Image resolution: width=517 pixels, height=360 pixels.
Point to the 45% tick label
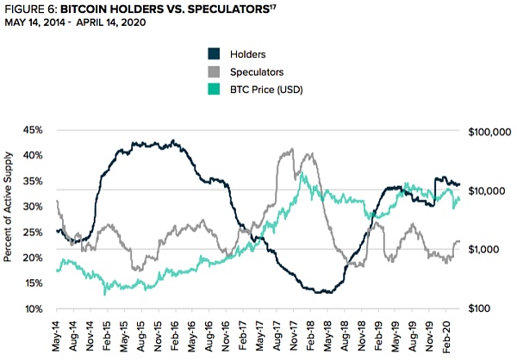tap(31, 131)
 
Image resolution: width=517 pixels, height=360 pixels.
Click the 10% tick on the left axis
tap(31, 309)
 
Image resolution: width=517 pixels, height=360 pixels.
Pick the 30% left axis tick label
tap(31, 207)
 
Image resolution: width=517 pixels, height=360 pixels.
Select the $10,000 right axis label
tap(489, 190)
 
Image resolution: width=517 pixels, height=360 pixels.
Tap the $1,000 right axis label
tap(491, 250)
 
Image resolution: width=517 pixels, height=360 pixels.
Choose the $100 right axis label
tap(495, 309)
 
